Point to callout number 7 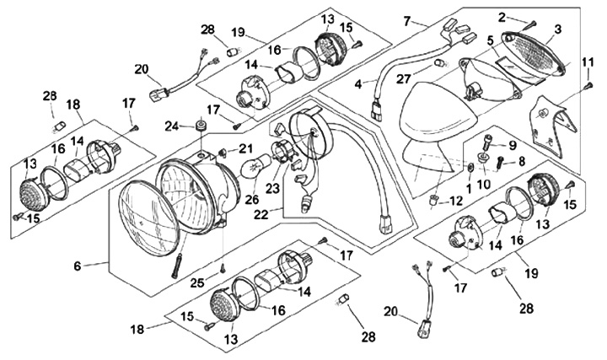[x=407, y=19]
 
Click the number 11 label [x=588, y=62]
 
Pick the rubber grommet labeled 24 [x=200, y=127]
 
